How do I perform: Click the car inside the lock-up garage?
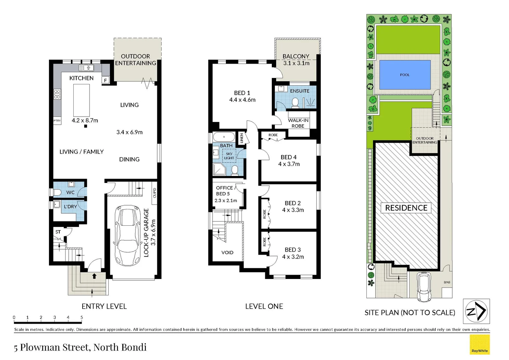pyautogui.click(x=127, y=235)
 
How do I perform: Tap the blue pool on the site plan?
pyautogui.click(x=405, y=75)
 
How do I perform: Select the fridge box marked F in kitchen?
pyautogui.click(x=106, y=80)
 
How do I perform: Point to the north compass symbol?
pyautogui.click(x=476, y=311)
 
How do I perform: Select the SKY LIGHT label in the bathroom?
pyautogui.click(x=229, y=156)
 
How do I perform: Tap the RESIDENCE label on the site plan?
pyautogui.click(x=406, y=208)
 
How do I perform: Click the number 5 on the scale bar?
pyautogui.click(x=82, y=317)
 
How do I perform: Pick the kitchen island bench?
pyautogui.click(x=81, y=100)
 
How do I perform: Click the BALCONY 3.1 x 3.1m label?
pyautogui.click(x=296, y=60)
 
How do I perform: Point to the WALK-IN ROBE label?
pyautogui.click(x=298, y=123)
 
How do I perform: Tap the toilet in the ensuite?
pyautogui.click(x=295, y=103)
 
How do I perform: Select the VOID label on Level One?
pyautogui.click(x=227, y=252)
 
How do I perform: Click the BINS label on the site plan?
pyautogui.click(x=447, y=282)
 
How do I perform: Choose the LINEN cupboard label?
pyautogui.click(x=242, y=138)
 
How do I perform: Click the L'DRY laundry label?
pyautogui.click(x=70, y=207)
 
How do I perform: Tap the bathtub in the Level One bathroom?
pyautogui.click(x=224, y=137)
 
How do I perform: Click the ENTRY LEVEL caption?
pyautogui.click(x=104, y=306)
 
